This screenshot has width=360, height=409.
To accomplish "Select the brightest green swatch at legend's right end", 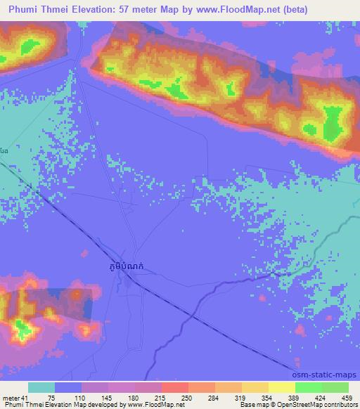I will tap(336, 388).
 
